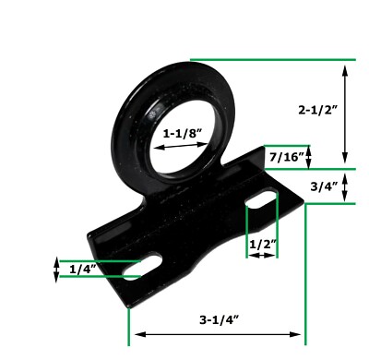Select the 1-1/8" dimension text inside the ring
(x=184, y=133)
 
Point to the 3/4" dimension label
(x=325, y=186)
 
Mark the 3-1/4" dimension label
(x=219, y=319)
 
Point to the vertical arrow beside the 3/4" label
(x=344, y=186)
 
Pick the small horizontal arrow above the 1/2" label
(x=262, y=255)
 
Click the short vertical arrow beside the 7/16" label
(x=309, y=157)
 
